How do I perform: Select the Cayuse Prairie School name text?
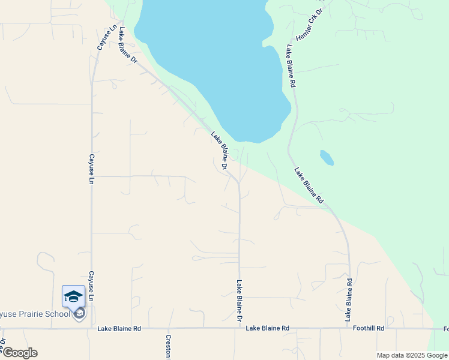pos(34,314)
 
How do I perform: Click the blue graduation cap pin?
pos(73,296)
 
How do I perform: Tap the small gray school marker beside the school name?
pos(79,313)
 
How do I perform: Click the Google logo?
pos(19,353)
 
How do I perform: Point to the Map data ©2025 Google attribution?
pos(412,355)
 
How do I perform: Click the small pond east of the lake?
pos(327,157)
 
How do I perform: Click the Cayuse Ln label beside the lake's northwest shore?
pos(106,37)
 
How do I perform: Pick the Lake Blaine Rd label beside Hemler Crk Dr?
pos(291,66)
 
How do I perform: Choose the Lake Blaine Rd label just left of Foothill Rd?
pos(267,328)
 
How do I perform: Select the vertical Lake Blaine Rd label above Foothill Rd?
pos(349,300)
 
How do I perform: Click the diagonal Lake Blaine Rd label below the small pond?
pos(309,185)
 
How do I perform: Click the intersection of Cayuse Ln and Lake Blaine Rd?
pos(91,328)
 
